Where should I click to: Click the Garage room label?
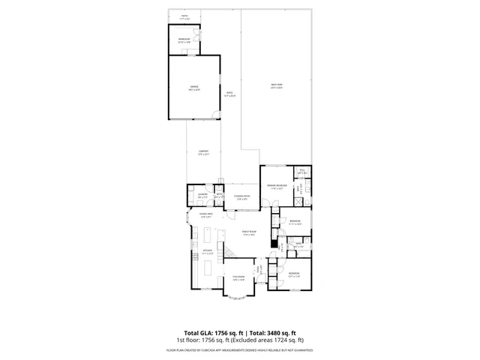tap(193, 88)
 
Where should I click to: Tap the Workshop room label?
tap(184, 40)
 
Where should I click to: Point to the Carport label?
tap(202, 152)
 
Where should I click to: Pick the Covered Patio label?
tap(242, 197)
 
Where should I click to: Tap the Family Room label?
tap(249, 233)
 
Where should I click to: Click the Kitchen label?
tap(208, 252)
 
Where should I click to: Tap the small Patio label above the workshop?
tap(184, 16)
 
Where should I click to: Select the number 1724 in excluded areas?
tap(280, 340)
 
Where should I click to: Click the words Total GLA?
tap(198, 332)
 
